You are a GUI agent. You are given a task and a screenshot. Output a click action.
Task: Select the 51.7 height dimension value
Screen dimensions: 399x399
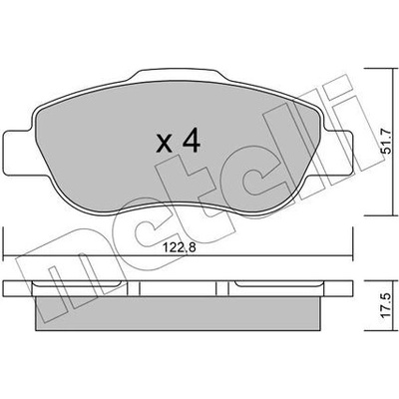(x=388, y=142)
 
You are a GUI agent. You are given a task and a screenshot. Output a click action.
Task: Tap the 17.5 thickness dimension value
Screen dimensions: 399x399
(x=388, y=306)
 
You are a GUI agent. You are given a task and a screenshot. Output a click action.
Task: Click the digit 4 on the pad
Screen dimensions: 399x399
(x=190, y=141)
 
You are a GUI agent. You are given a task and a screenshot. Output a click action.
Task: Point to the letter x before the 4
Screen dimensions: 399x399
(x=165, y=145)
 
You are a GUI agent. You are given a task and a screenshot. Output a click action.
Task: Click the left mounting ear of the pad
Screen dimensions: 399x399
(x=18, y=153)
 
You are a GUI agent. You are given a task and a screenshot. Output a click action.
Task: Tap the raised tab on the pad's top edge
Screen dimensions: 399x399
(x=178, y=76)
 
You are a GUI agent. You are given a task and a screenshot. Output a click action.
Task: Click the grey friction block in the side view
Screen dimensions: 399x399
(x=178, y=313)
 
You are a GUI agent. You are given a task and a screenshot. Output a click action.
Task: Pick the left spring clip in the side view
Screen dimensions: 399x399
(x=78, y=284)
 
